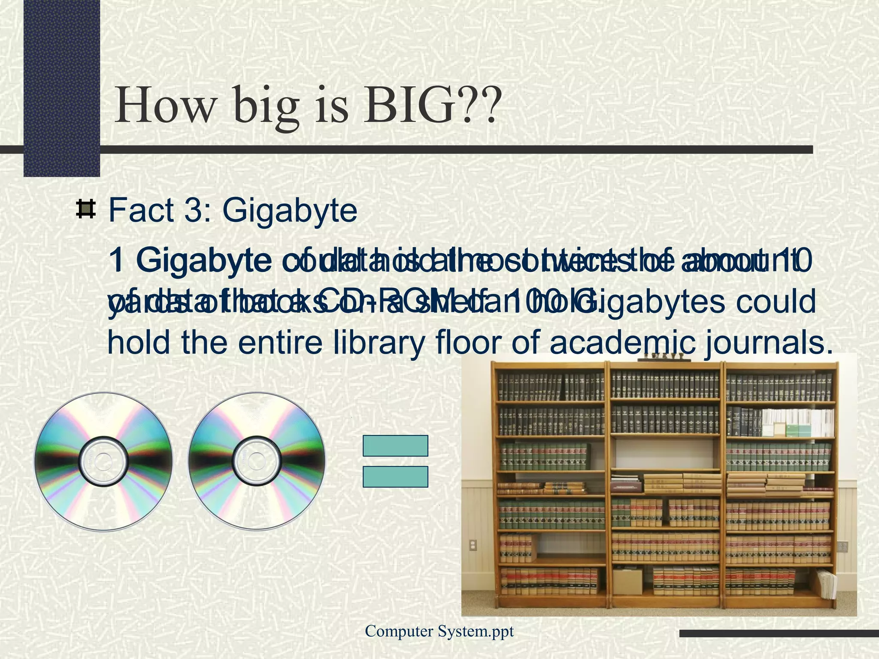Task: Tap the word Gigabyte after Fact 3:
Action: [290, 210]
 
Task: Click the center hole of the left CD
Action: [103, 462]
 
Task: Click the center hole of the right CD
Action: [257, 462]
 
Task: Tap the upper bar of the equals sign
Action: [395, 445]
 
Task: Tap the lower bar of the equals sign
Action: [395, 477]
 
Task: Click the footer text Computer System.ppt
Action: [439, 631]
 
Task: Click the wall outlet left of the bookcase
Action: [473, 545]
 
